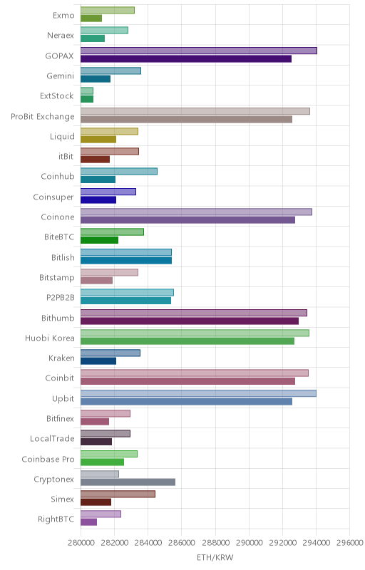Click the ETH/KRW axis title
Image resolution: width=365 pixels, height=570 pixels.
pyautogui.click(x=215, y=557)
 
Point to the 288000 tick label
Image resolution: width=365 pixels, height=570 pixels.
pyautogui.click(x=215, y=543)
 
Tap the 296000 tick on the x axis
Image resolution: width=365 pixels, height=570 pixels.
pyautogui.click(x=350, y=543)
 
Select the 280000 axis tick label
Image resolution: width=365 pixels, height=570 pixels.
pyautogui.click(x=81, y=543)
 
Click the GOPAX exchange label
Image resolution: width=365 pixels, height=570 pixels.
pyautogui.click(x=59, y=56)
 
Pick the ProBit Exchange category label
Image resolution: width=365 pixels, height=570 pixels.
pyautogui.click(x=43, y=117)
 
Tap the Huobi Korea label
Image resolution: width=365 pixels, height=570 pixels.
pyautogui.click(x=50, y=338)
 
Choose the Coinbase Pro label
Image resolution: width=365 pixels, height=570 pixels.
pyautogui.click(x=48, y=459)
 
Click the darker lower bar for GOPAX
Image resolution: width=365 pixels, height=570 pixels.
pyautogui.click(x=186, y=59)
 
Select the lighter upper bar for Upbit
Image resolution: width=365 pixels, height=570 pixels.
pyautogui.click(x=198, y=393)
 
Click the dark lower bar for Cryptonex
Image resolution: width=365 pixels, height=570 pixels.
pyautogui.click(x=128, y=482)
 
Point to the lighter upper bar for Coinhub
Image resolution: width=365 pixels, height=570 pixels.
pyautogui.click(x=119, y=171)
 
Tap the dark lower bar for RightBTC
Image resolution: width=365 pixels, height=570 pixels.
pyautogui.click(x=88, y=522)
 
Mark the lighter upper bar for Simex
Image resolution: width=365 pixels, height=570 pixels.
pyautogui.click(x=118, y=494)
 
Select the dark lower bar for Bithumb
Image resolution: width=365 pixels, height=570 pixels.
pyautogui.click(x=190, y=321)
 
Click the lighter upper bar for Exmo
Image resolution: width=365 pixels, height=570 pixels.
pyautogui.click(x=108, y=10)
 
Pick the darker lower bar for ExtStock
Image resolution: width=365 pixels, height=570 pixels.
pyautogui.click(x=87, y=99)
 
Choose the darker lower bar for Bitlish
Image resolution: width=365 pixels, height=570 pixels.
pyautogui.click(x=126, y=260)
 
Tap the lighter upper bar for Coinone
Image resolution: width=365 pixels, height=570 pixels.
pyautogui.click(x=196, y=212)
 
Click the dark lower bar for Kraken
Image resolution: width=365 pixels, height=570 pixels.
pyautogui.click(x=98, y=361)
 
